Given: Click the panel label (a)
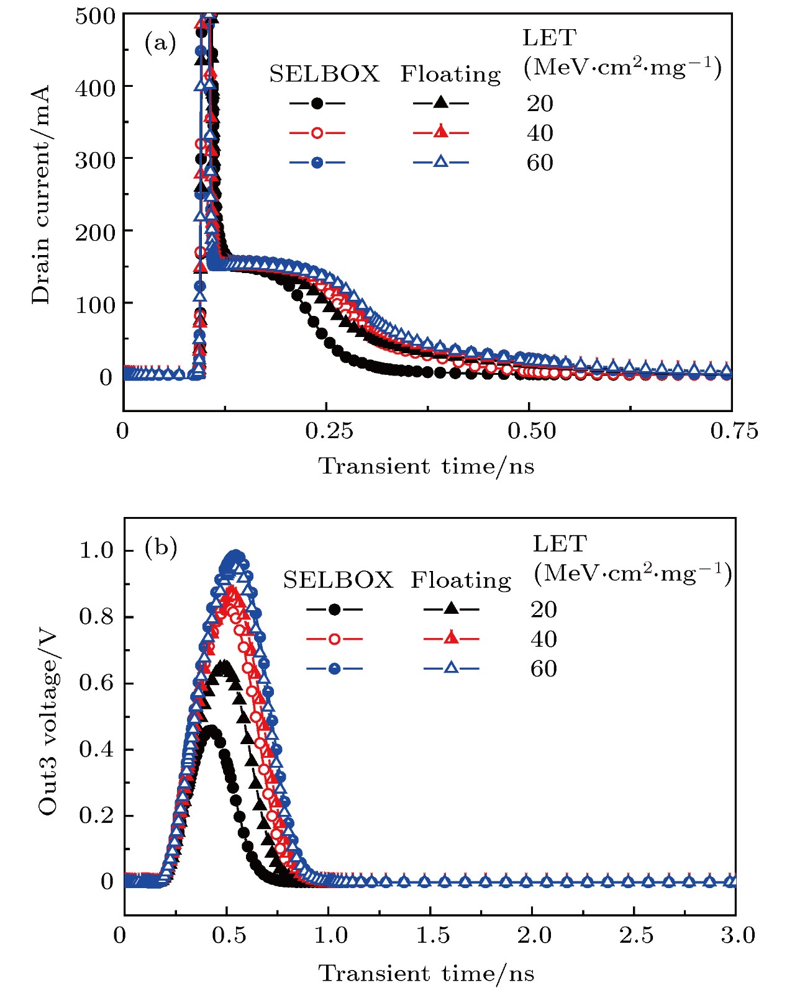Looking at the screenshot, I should [160, 43].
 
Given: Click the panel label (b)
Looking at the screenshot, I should [160, 549].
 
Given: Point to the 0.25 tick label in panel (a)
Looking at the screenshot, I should [329, 431].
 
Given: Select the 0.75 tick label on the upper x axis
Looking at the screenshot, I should [734, 431].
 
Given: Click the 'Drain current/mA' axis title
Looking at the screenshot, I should [41, 195].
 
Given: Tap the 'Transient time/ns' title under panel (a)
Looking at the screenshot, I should [426, 466].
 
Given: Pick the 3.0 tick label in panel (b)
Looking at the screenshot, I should [738, 935].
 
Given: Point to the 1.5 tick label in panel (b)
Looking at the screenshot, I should [432, 935].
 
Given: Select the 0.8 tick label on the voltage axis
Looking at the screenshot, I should [96, 616].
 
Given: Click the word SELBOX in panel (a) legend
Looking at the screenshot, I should [324, 74].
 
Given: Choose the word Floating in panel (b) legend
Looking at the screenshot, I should [461, 580].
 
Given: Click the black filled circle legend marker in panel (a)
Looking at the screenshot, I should [317, 104].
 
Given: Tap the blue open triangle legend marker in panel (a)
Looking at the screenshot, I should [440, 163].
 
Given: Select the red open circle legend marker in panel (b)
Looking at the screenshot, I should [334, 639].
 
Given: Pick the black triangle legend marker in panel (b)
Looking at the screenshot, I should [452, 609].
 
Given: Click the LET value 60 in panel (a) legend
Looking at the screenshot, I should [540, 163].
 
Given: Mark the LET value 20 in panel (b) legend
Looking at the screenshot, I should [544, 610].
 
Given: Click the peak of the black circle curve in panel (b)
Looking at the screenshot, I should [212, 730].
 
